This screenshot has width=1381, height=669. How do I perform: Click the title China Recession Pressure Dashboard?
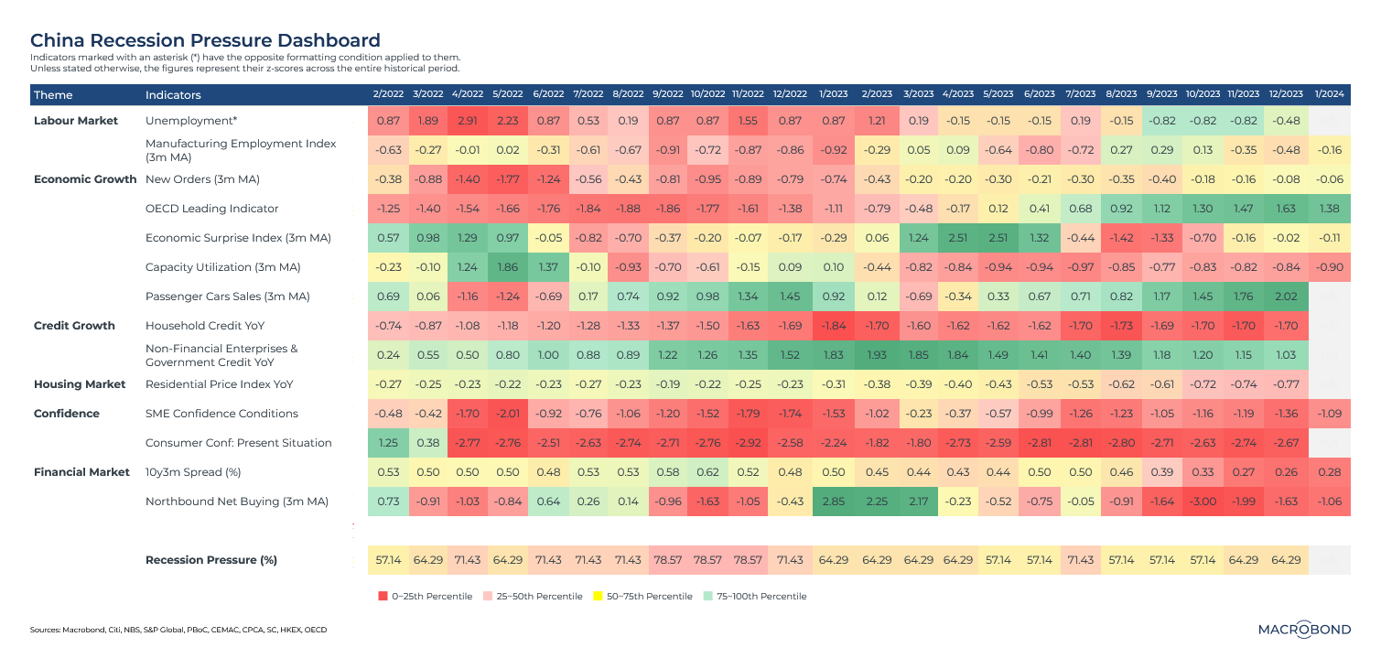205,40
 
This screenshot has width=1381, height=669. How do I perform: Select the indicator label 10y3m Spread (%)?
195,473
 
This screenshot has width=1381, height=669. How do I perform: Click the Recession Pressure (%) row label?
211,559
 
